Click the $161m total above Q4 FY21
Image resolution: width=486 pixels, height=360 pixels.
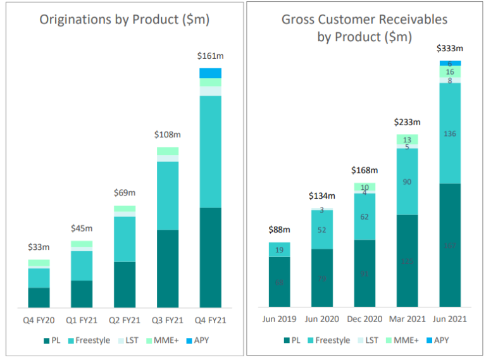[x=210, y=56]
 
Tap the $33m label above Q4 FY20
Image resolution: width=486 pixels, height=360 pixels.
[x=39, y=247]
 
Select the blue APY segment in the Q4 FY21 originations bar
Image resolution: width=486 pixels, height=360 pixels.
[x=210, y=73]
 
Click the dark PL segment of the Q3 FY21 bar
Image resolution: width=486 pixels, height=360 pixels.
[x=167, y=269]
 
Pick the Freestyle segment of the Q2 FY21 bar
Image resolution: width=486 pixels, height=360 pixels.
[x=124, y=239]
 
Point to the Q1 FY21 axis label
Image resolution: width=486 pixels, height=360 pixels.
[x=82, y=319]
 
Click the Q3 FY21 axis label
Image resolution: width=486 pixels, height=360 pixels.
[x=167, y=319]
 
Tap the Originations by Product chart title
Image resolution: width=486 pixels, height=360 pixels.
[x=125, y=20]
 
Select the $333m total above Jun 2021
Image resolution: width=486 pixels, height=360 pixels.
[x=450, y=49]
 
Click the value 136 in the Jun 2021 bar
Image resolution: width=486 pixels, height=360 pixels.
[x=450, y=133]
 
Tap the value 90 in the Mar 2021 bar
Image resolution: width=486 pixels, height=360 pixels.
[x=407, y=182]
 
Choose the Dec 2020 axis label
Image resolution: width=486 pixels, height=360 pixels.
[x=364, y=319]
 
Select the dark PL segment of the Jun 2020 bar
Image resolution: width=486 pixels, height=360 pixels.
[x=321, y=278]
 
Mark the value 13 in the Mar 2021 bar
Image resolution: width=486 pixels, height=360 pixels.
[x=407, y=140]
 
